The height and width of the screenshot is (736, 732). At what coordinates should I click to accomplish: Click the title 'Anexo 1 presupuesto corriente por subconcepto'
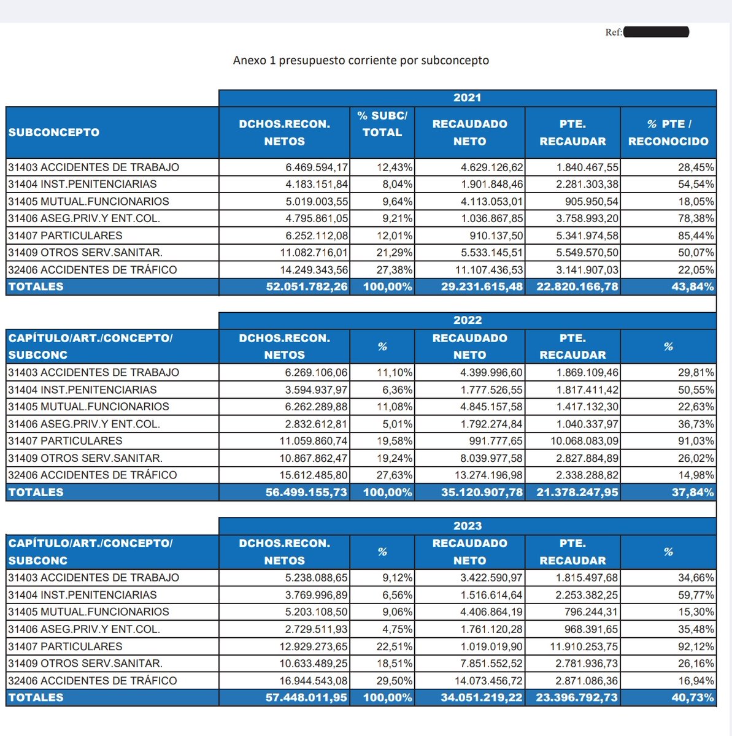(361, 60)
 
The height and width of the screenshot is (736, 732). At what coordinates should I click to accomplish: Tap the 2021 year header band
(467, 98)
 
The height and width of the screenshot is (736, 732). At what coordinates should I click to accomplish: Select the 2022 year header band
(467, 320)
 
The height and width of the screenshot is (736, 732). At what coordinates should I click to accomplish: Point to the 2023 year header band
(467, 526)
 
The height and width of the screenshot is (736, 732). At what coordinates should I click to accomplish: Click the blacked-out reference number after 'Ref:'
(656, 32)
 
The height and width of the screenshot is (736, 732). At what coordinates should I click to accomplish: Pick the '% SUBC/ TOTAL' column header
(382, 124)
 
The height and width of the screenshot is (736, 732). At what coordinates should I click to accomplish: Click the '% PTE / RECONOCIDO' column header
(668, 132)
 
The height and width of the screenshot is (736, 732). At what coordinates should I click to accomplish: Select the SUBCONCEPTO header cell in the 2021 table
(54, 132)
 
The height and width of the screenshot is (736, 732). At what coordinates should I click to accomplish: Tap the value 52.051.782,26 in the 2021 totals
(307, 286)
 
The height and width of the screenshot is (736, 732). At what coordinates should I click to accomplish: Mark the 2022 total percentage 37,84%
(693, 492)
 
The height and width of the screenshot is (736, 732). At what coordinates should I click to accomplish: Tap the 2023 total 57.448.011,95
(307, 697)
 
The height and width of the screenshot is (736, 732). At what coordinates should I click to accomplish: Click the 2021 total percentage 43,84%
(693, 286)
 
